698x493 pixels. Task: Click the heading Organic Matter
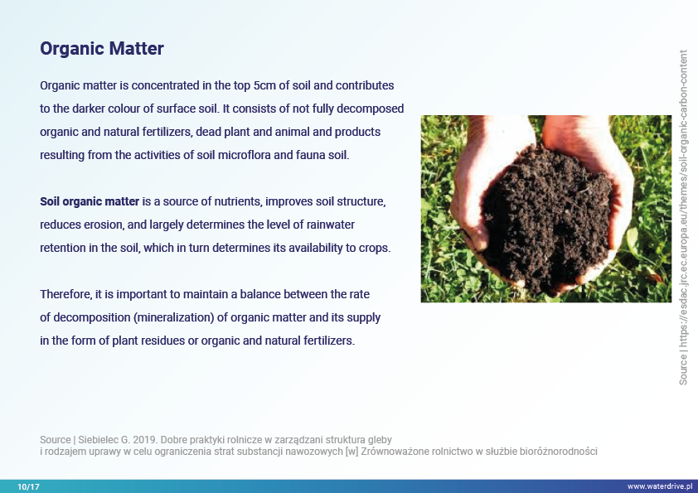102,49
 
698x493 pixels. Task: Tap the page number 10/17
28,486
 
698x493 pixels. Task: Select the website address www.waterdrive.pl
660,486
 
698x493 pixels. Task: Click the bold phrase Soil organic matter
90,201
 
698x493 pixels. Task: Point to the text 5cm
264,85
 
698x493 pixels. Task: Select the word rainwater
330,225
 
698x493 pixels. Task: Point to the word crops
375,249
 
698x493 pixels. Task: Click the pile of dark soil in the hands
546,218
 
